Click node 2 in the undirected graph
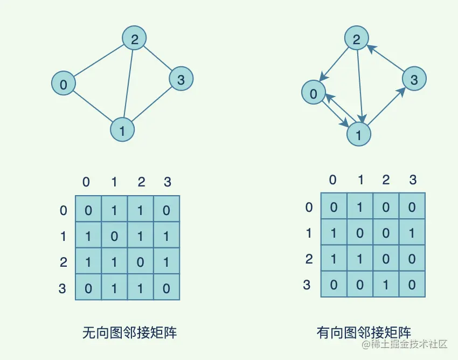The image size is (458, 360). pos(134,39)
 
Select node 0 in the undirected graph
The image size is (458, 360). pos(64,84)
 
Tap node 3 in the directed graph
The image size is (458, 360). pos(414,80)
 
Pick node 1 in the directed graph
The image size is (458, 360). pos(359,134)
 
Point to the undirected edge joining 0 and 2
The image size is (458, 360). pos(99,61)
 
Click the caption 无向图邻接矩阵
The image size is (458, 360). pos(129,333)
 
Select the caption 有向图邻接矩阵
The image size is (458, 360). pos(364,333)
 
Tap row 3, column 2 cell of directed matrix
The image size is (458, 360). pos(386,284)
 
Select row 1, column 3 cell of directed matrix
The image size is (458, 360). pos(413,232)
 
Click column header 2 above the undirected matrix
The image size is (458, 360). pos(141,182)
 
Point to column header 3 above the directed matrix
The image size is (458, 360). pos(413,179)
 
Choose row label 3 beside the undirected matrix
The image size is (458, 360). pos(63,288)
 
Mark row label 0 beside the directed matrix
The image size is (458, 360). pos(309,207)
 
